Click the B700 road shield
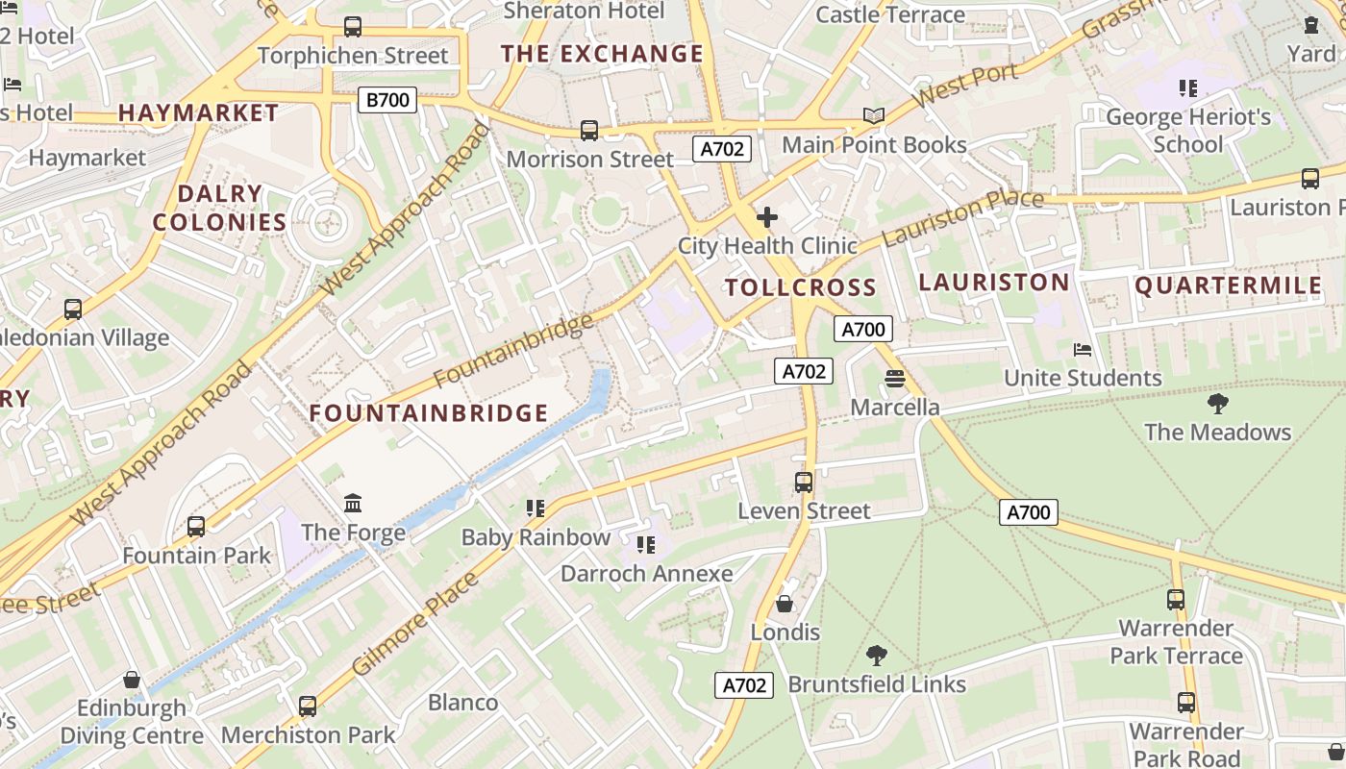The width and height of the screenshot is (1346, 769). click(x=387, y=100)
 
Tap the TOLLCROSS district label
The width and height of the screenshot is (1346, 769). click(x=800, y=287)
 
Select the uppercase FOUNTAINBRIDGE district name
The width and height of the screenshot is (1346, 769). click(x=428, y=413)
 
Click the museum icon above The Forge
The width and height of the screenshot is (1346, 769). click(x=353, y=503)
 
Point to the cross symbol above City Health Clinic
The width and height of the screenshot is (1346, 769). click(x=766, y=217)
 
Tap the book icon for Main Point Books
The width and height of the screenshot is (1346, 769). click(x=873, y=116)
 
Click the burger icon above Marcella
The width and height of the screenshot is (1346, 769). click(x=895, y=379)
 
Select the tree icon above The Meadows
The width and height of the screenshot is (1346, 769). click(x=1217, y=403)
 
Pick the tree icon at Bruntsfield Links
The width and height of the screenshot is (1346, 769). click(x=876, y=656)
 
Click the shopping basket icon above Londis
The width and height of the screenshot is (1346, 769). click(x=785, y=604)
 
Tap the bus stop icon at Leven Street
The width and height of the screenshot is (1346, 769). click(x=804, y=482)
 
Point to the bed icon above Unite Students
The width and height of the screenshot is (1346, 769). click(x=1083, y=349)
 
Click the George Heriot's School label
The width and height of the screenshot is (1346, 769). click(x=1188, y=131)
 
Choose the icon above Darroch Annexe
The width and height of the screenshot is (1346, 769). click(x=646, y=545)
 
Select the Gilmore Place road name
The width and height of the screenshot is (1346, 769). click(x=414, y=624)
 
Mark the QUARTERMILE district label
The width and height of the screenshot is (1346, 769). click(x=1229, y=285)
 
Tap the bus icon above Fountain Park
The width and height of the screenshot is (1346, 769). click(x=196, y=526)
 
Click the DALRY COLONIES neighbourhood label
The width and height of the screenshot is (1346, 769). click(x=220, y=208)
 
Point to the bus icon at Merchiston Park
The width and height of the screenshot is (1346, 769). click(x=308, y=707)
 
